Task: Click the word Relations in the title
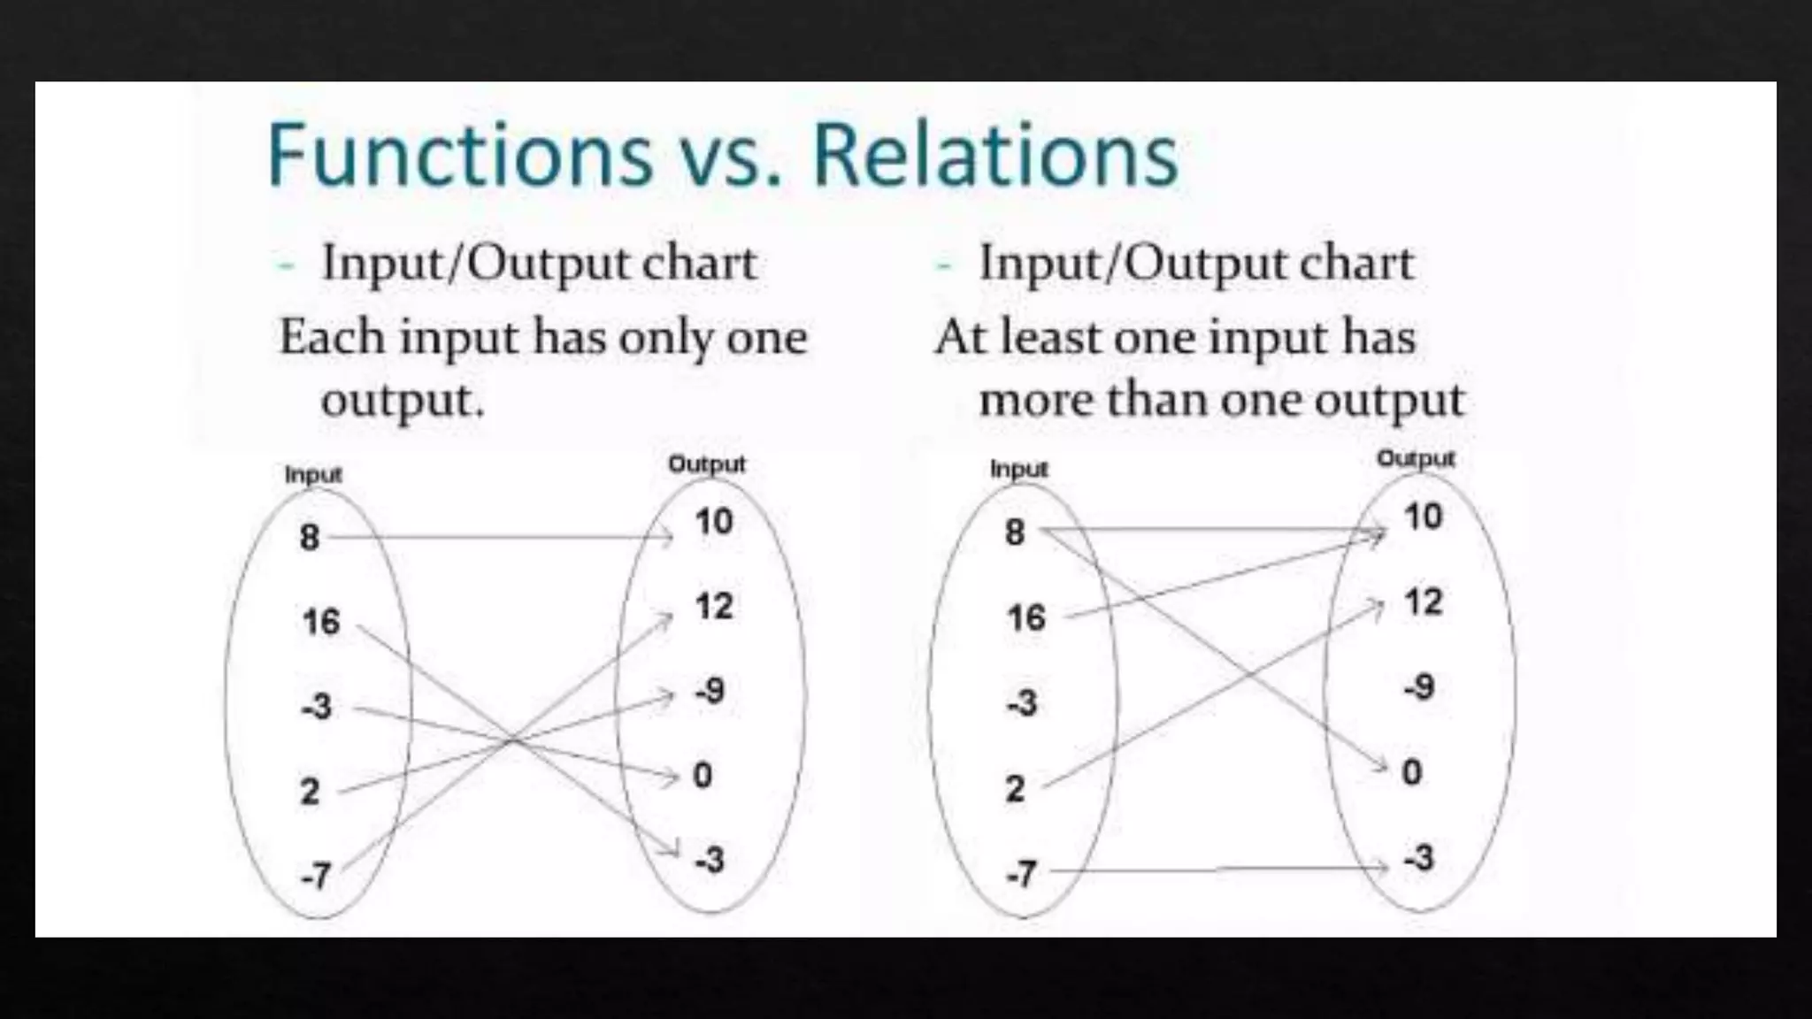(x=995, y=155)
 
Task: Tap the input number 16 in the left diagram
(x=320, y=622)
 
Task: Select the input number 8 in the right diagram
(x=1015, y=532)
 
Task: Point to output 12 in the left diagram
(x=714, y=607)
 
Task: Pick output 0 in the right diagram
(x=1412, y=772)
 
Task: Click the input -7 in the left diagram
(x=316, y=876)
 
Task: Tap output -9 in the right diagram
(x=1418, y=687)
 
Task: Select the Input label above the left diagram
(x=313, y=475)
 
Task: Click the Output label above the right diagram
(x=1416, y=459)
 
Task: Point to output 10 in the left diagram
(x=714, y=522)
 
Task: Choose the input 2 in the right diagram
(x=1015, y=788)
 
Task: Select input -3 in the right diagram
(x=1021, y=703)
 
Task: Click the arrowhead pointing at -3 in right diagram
(x=1382, y=867)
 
